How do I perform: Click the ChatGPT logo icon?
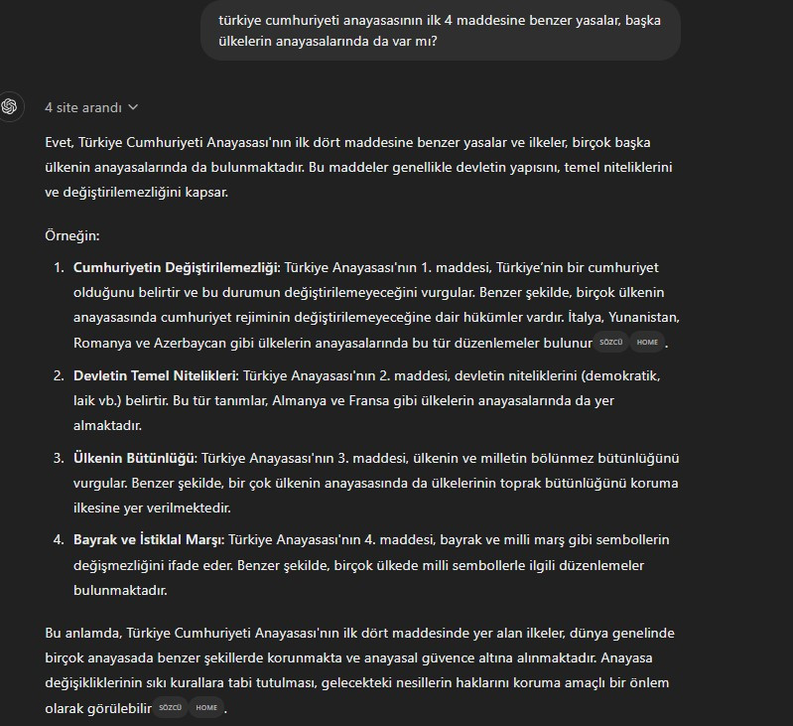tap(10, 106)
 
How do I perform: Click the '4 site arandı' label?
tap(83, 107)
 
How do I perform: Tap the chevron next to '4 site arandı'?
tap(134, 107)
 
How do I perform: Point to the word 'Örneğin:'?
tap(72, 236)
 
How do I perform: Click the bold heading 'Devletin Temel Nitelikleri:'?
tap(154, 376)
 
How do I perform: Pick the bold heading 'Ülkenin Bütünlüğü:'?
tap(135, 458)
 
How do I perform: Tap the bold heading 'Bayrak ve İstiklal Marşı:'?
tap(149, 539)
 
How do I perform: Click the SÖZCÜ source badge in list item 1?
tap(610, 343)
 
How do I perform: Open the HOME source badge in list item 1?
tap(647, 343)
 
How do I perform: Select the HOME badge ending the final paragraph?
tap(206, 708)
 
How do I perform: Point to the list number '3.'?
tap(58, 458)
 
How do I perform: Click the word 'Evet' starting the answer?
tap(59, 143)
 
